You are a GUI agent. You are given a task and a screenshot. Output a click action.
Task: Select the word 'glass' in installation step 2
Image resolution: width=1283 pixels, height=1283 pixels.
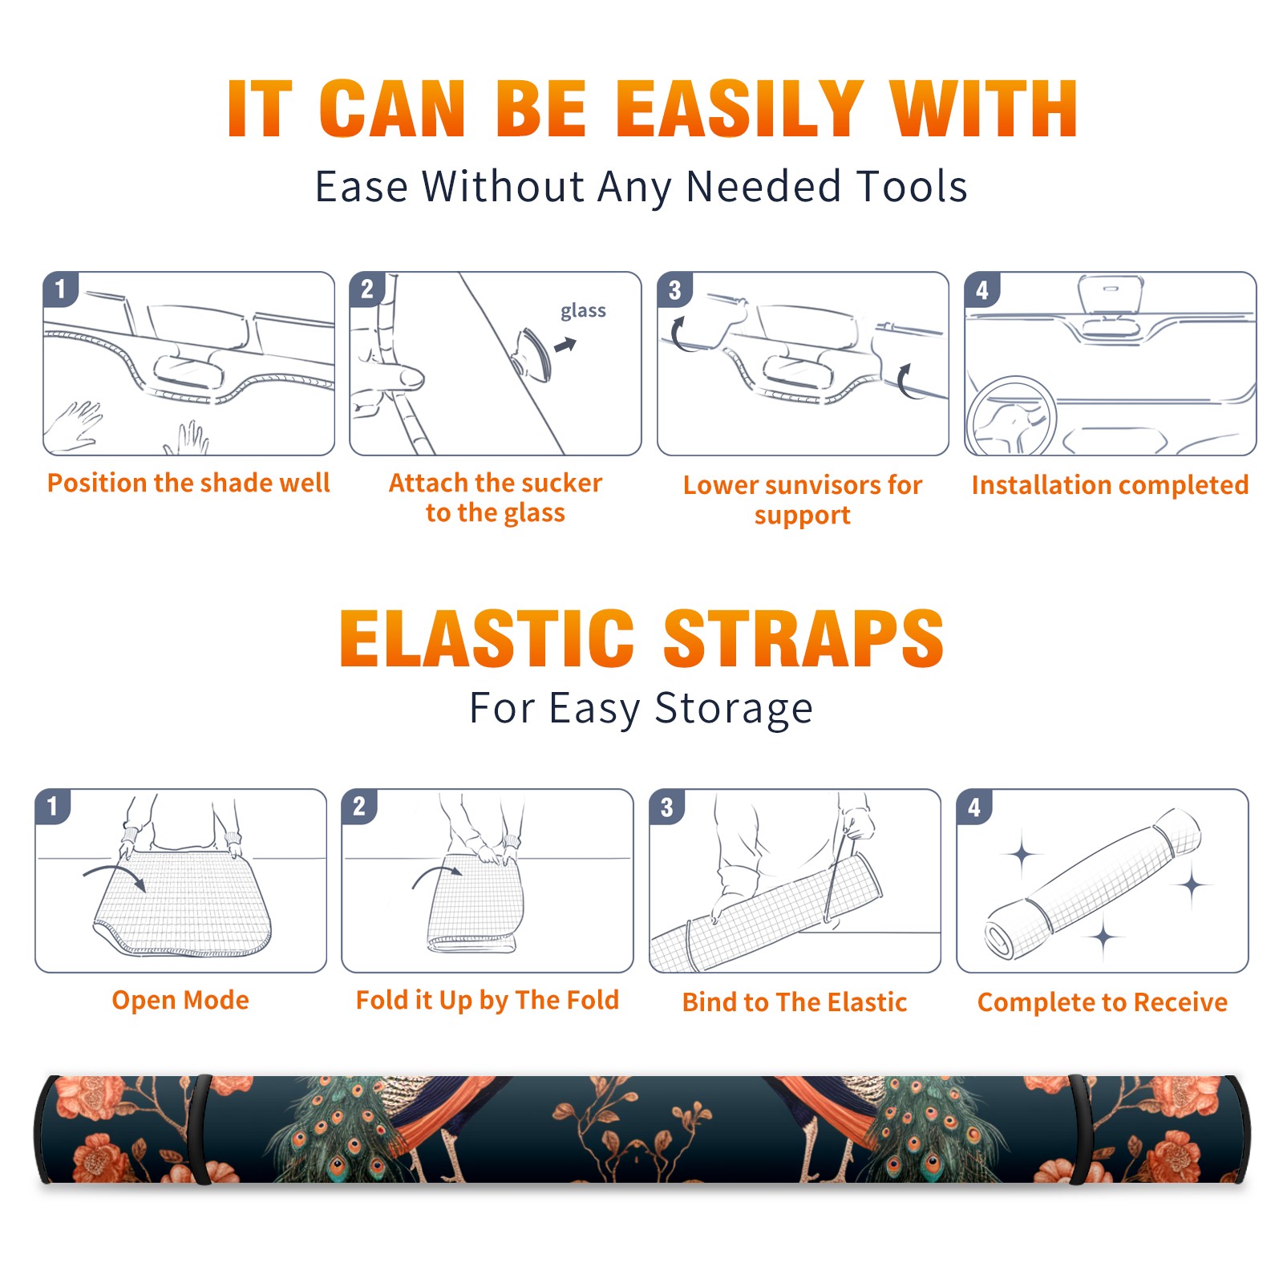[583, 311]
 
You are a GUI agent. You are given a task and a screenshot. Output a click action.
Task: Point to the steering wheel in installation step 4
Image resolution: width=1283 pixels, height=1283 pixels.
[1010, 417]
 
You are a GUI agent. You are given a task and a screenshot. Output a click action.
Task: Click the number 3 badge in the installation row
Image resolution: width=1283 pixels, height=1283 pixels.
[674, 289]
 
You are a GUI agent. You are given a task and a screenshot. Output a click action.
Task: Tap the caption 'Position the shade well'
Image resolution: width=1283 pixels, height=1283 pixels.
[188, 483]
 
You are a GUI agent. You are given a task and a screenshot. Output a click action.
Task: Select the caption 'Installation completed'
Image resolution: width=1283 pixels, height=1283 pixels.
[1110, 485]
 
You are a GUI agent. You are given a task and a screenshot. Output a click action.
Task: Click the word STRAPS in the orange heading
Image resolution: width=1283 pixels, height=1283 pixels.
[803, 638]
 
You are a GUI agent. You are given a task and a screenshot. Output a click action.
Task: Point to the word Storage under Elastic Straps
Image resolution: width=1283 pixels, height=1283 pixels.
[734, 710]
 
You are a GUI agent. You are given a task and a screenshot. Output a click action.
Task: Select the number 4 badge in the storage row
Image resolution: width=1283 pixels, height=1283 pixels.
[974, 807]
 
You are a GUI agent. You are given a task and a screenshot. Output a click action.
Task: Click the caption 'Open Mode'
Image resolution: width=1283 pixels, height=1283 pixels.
[180, 1000]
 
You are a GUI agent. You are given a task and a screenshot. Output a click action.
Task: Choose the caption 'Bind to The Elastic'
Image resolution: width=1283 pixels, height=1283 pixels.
[795, 1002]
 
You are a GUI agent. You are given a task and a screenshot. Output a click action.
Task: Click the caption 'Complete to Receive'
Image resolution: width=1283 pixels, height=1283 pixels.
[1103, 1002]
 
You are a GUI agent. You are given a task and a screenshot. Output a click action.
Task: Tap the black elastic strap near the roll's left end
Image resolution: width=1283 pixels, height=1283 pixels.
[200, 1129]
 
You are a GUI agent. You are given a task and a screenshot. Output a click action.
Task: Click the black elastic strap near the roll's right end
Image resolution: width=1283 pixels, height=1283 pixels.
[1081, 1129]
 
